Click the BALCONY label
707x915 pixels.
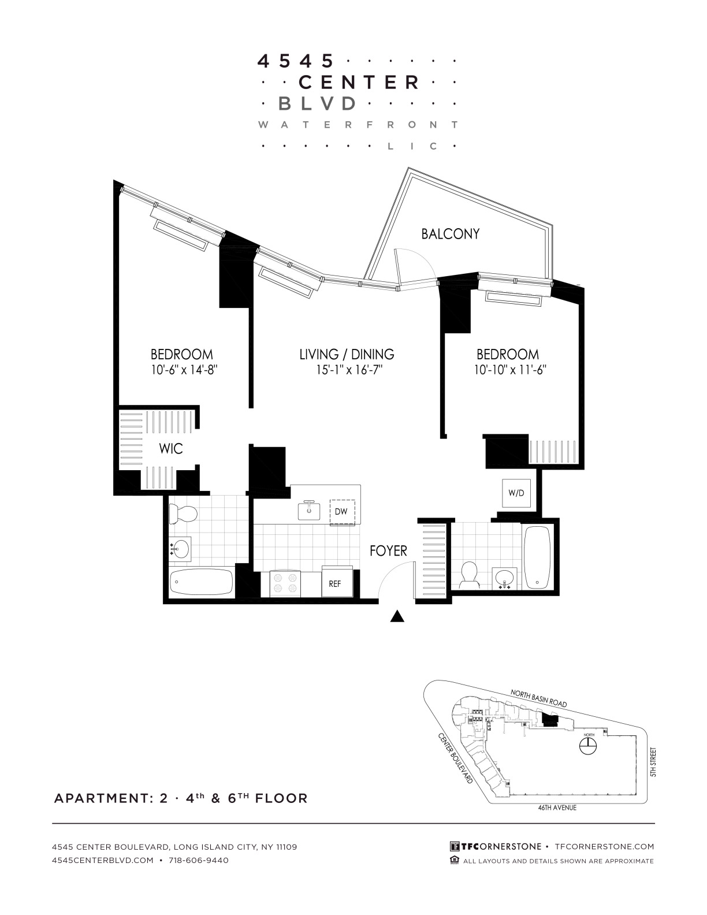tap(450, 234)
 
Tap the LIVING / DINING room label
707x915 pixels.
tap(347, 354)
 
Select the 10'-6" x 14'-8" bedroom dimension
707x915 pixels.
tap(184, 370)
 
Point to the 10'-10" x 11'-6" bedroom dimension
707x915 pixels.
tap(510, 370)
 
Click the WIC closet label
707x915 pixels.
tap(171, 449)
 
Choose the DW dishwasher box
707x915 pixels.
tap(342, 512)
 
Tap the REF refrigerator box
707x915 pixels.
tap(337, 582)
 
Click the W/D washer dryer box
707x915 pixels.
tap(516, 493)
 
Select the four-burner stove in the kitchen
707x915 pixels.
tap(285, 583)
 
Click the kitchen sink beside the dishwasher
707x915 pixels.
tap(309, 510)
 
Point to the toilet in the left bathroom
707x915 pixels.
tap(183, 514)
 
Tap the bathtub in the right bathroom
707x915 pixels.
tap(537, 557)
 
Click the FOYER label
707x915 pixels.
tap(388, 551)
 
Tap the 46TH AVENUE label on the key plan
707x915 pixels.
tap(557, 808)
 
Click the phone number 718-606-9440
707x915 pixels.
tap(199, 860)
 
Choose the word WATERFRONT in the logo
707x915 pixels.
tap(358, 125)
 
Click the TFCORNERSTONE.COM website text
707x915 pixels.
tap(605, 846)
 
